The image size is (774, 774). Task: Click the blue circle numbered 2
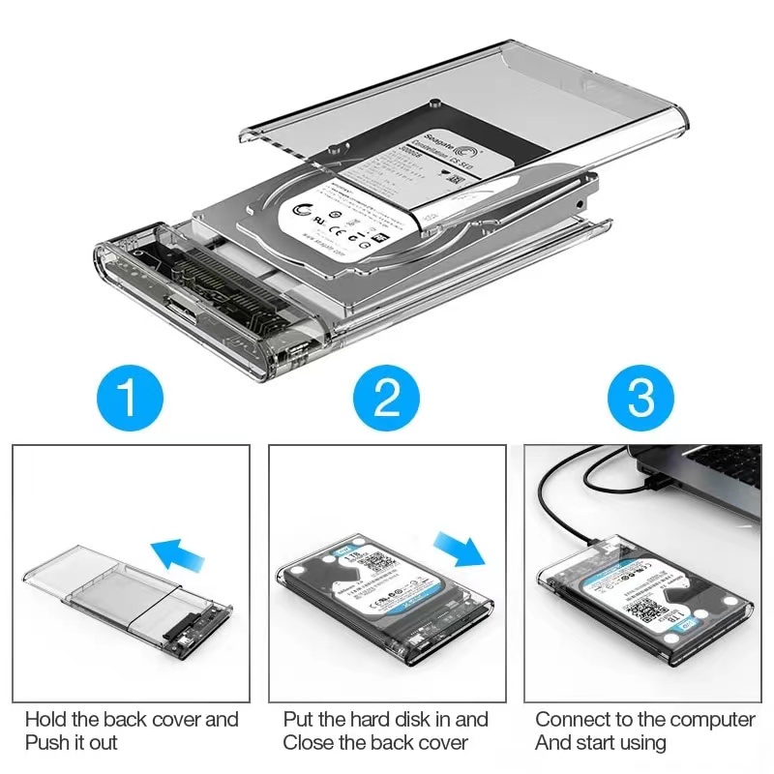(386, 396)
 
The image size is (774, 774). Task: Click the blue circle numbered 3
(642, 396)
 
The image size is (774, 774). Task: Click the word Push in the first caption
(48, 743)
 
